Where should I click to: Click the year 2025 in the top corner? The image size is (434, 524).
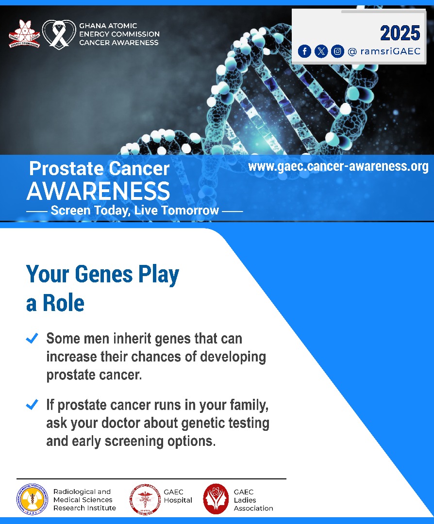pyautogui.click(x=400, y=33)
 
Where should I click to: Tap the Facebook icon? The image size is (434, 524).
pyautogui.click(x=304, y=51)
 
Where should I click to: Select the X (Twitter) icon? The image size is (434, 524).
pyautogui.click(x=321, y=51)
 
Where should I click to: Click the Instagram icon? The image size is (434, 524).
pyautogui.click(x=337, y=51)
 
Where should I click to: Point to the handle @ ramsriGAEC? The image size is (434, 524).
pyautogui.click(x=384, y=51)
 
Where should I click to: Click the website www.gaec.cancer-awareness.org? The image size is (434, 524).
pyautogui.click(x=338, y=167)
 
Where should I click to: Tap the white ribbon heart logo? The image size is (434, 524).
pyautogui.click(x=59, y=34)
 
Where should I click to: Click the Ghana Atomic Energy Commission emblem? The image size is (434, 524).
pyautogui.click(x=24, y=34)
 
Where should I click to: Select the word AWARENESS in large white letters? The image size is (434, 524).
pyautogui.click(x=98, y=191)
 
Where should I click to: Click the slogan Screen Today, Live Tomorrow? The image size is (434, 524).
pyautogui.click(x=134, y=211)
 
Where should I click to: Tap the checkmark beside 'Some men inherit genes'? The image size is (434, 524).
pyautogui.click(x=32, y=338)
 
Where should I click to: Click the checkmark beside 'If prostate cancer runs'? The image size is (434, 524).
pyautogui.click(x=32, y=404)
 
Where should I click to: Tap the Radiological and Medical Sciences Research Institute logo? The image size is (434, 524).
pyautogui.click(x=33, y=500)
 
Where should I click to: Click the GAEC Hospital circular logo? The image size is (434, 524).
pyautogui.click(x=144, y=500)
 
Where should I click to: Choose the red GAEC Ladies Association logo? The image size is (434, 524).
pyautogui.click(x=216, y=499)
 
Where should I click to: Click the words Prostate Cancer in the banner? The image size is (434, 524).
pyautogui.click(x=100, y=169)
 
